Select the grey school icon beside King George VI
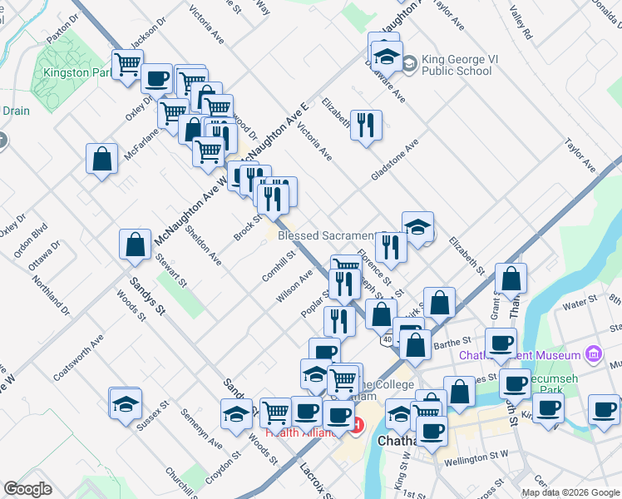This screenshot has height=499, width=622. pos(409,63)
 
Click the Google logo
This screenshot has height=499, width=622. pos(27,489)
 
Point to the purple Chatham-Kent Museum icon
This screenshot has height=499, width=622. pos(593,354)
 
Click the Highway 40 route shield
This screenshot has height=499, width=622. pos(388,339)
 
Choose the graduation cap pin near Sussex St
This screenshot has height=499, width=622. pos(125,404)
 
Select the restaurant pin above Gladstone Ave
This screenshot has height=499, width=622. pos(365,125)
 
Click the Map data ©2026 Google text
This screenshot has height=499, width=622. pos(571,492)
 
